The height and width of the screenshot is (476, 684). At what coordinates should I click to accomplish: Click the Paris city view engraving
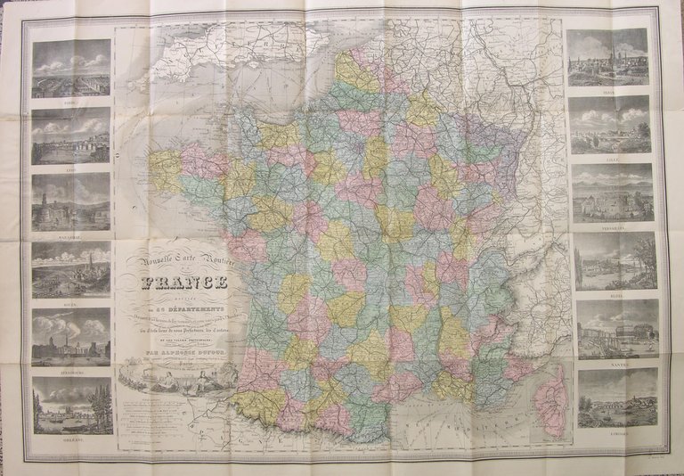coord(71,68)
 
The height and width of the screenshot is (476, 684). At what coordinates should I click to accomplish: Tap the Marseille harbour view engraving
coord(71,201)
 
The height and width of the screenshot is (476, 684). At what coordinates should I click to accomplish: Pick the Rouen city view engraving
coord(71,269)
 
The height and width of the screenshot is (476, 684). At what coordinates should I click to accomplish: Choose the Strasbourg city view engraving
coord(71,336)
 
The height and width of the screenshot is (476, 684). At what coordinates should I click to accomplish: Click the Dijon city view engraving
coord(608,57)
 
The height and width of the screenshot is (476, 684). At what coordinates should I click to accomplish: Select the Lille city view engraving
coord(610,124)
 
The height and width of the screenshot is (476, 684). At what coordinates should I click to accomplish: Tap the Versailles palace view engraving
coord(612,192)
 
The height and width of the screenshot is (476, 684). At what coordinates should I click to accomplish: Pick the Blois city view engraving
coord(614,259)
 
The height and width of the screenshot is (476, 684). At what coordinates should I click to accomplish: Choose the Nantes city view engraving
coord(615,327)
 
